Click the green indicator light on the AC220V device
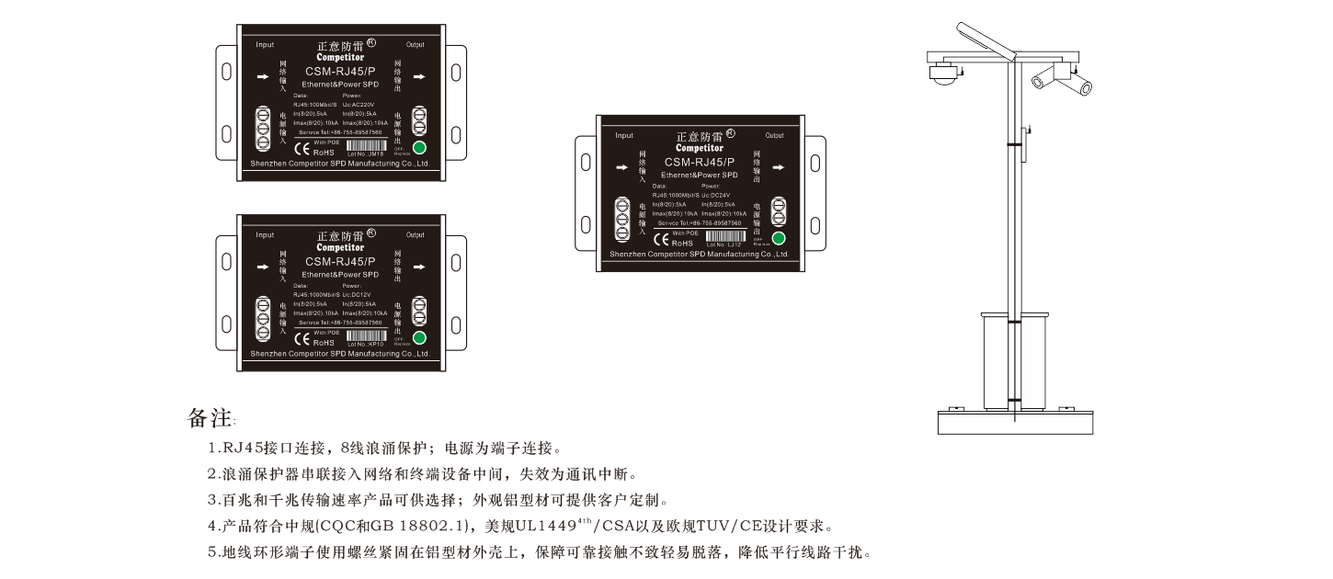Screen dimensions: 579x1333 (x=420, y=148)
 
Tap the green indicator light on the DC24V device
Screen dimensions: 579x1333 (x=780, y=239)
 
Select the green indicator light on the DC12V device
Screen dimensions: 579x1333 (x=420, y=337)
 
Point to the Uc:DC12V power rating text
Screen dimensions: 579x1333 (x=359, y=294)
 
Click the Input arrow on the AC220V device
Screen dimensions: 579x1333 (x=263, y=76)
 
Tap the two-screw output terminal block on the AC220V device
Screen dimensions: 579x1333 (x=420, y=121)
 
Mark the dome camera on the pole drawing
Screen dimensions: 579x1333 (x=941, y=75)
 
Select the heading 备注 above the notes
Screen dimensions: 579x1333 (x=209, y=418)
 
